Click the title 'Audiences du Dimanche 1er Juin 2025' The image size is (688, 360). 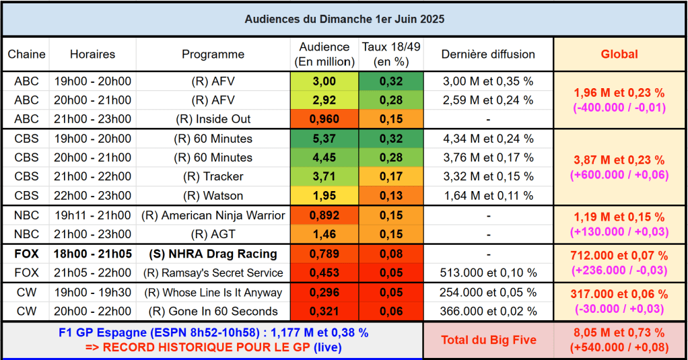pyautogui.click(x=344, y=20)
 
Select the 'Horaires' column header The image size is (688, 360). pyautogui.click(x=93, y=55)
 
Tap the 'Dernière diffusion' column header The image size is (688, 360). pyautogui.click(x=488, y=55)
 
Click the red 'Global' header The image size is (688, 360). pyautogui.click(x=619, y=55)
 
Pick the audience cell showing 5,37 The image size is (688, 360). pyautogui.click(x=324, y=139)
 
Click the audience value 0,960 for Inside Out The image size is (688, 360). pyautogui.click(x=324, y=119)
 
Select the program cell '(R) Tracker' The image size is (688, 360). pyautogui.click(x=213, y=176)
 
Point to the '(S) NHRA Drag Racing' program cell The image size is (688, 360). pyautogui.click(x=213, y=254)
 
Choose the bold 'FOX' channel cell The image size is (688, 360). pyautogui.click(x=27, y=254)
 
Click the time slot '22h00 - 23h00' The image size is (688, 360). pyautogui.click(x=93, y=196)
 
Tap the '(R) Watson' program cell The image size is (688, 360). pyautogui.click(x=213, y=196)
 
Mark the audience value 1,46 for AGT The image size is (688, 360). pyautogui.click(x=324, y=234)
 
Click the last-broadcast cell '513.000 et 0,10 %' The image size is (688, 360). pyautogui.click(x=488, y=273)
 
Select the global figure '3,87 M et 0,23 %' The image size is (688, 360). pyautogui.click(x=619, y=160)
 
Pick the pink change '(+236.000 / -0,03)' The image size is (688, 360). pyautogui.click(x=619, y=270)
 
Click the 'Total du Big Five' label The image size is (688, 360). pyautogui.click(x=488, y=340)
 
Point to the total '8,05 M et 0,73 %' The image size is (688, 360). pyautogui.click(x=619, y=333)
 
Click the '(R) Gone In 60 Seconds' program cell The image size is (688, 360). pyautogui.click(x=213, y=312)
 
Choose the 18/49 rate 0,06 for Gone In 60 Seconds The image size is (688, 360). pyautogui.click(x=390, y=312)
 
